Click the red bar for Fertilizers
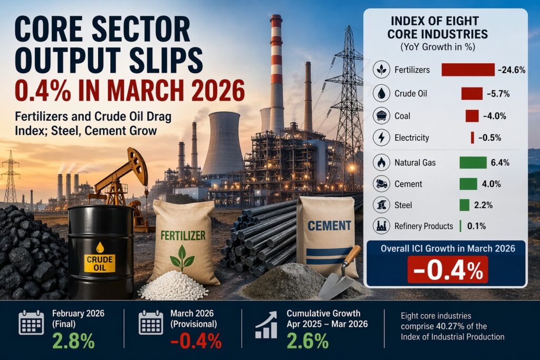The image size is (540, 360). (x=467, y=70)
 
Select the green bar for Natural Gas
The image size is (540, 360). (x=472, y=162)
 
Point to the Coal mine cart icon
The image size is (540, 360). (x=381, y=116)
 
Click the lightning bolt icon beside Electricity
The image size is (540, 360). (x=381, y=138)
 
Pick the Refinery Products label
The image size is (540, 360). (x=423, y=226)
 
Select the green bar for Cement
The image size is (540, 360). (x=468, y=184)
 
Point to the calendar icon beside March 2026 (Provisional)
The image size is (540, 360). (x=151, y=322)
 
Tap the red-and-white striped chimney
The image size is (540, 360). (x=276, y=69)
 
